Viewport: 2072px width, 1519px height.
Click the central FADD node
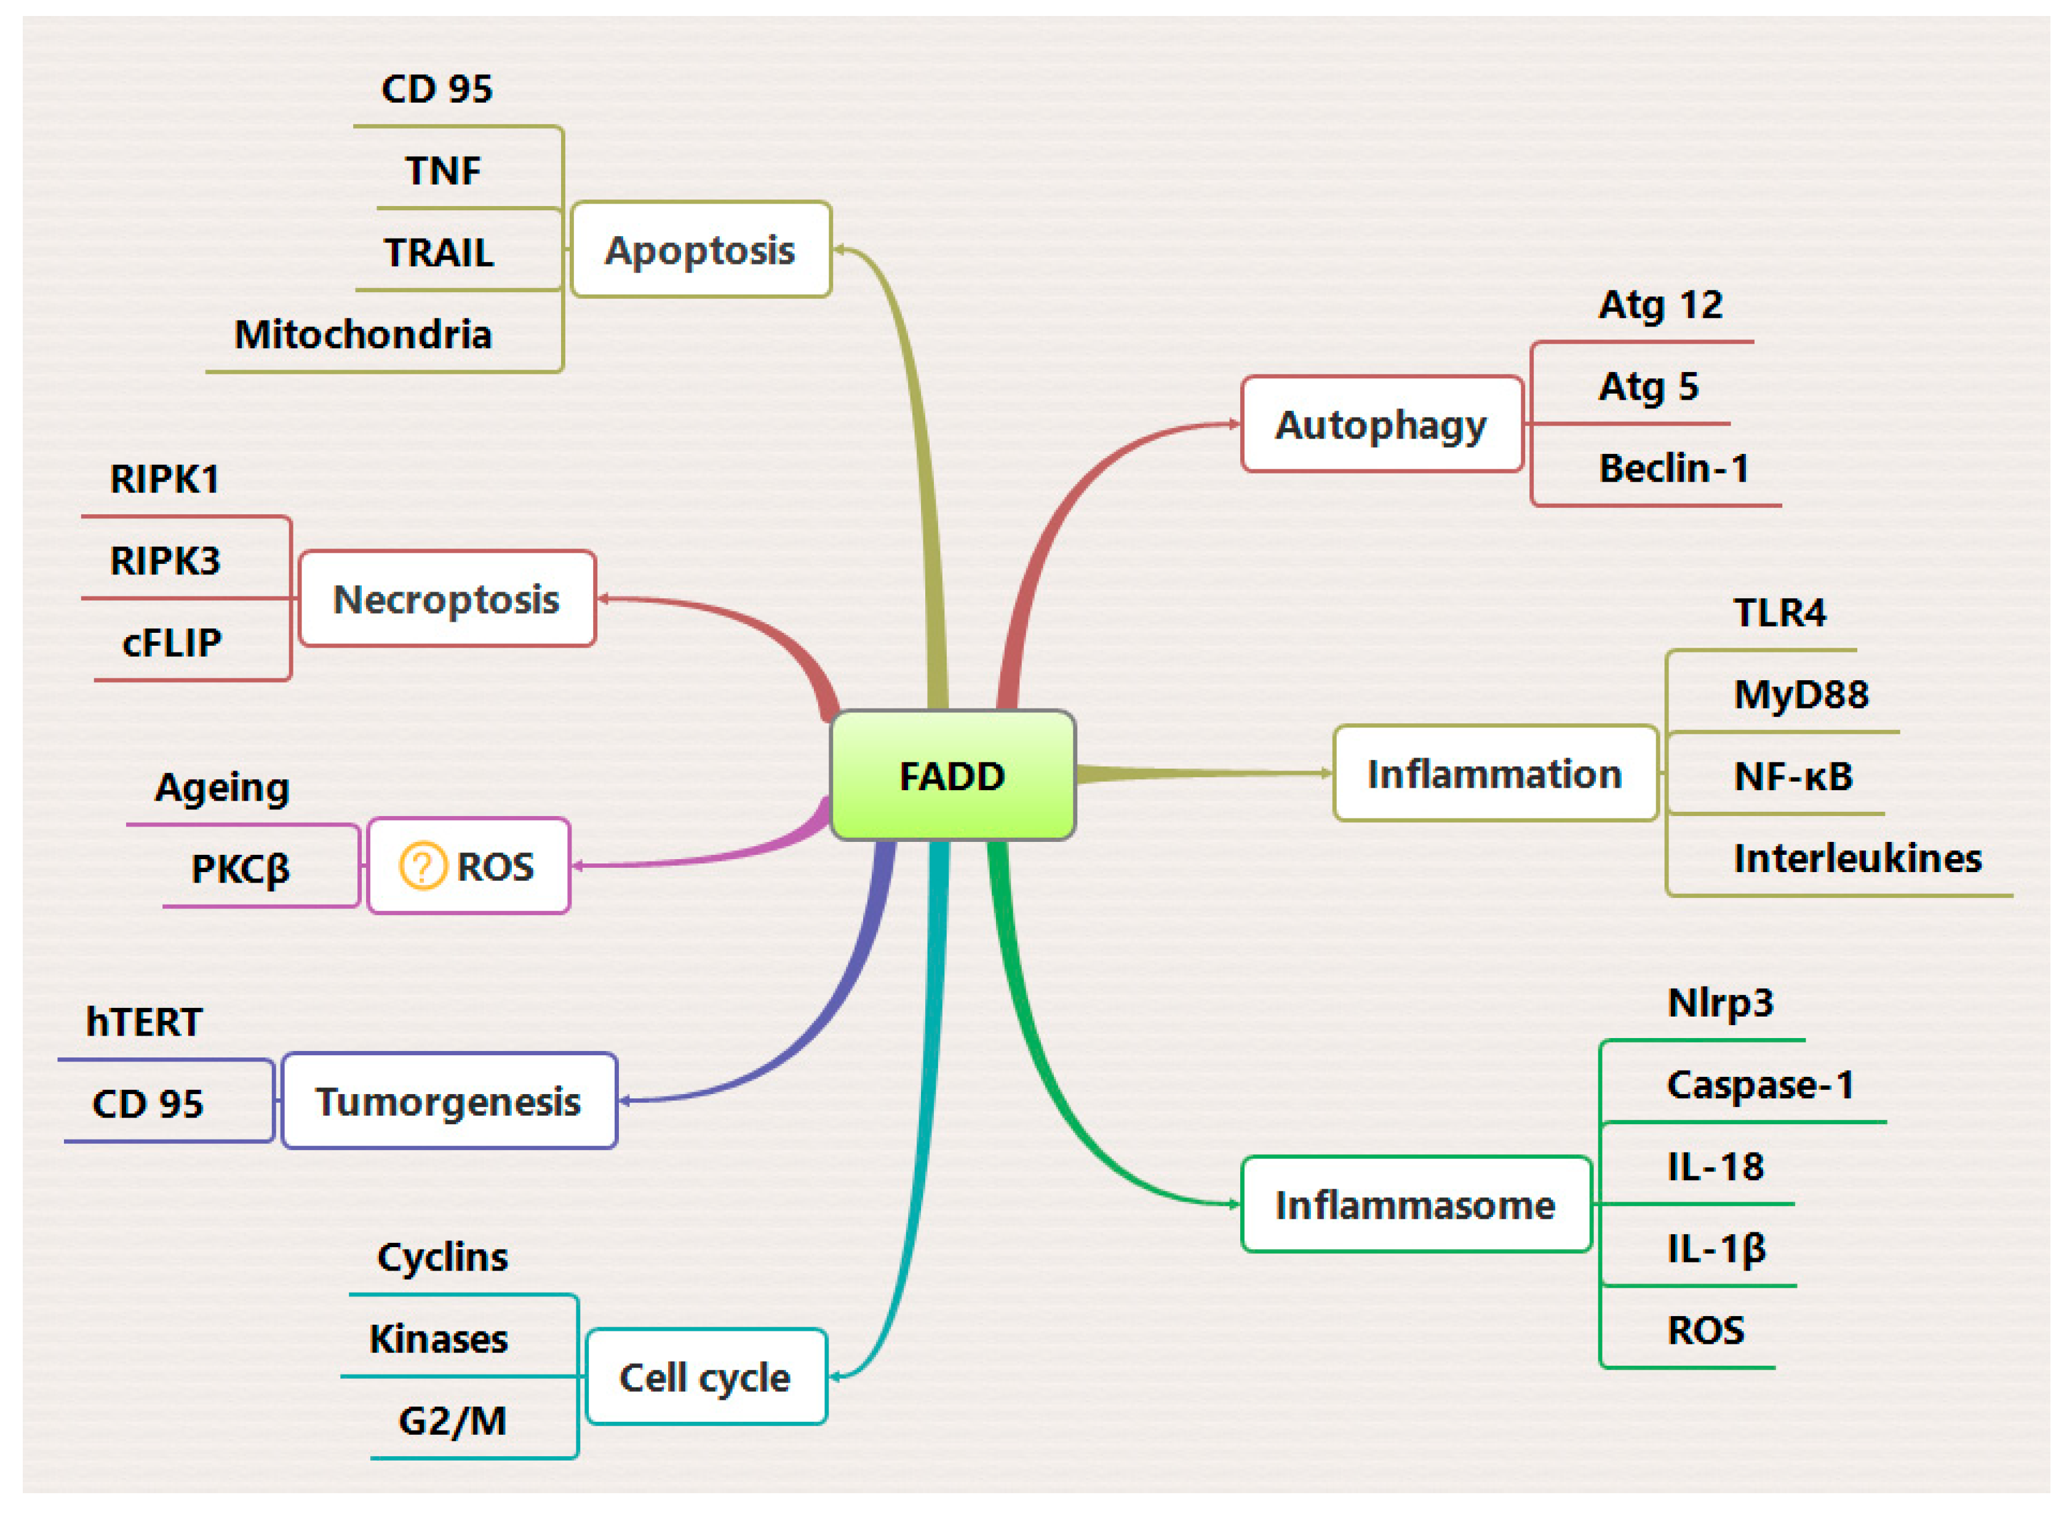pos(952,775)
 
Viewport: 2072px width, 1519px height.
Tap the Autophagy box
pos(1381,425)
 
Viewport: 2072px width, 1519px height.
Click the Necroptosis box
pos(447,598)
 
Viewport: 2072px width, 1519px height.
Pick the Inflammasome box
pos(1416,1205)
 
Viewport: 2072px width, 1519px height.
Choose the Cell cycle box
pos(706,1376)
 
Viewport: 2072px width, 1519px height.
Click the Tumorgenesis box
pos(449,1101)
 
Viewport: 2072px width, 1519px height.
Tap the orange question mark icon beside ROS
pos(422,866)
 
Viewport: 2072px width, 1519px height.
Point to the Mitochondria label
pos(363,334)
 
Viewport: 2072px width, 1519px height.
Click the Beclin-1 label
pos(1673,468)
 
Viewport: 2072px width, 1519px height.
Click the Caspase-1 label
pos(1759,1085)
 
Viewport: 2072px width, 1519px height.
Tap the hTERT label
pos(145,1021)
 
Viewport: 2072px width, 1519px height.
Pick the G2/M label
pos(452,1421)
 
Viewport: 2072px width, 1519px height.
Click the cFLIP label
pos(172,642)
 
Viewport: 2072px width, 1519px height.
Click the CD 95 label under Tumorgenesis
pos(147,1103)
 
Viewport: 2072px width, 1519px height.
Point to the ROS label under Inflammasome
pos(1705,1330)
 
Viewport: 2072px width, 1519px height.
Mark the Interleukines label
pos(1857,858)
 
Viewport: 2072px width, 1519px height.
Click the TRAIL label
pos(439,252)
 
